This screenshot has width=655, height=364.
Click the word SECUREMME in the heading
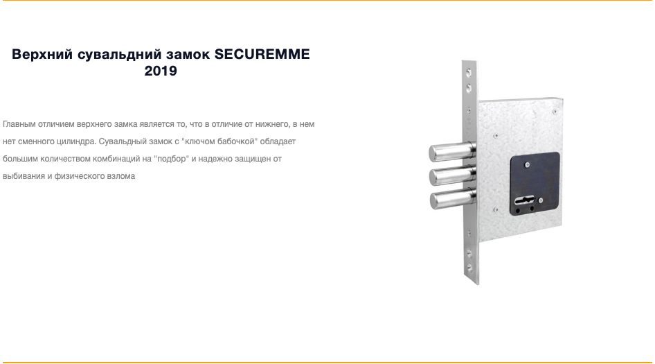(262, 54)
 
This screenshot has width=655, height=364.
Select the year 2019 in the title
(161, 71)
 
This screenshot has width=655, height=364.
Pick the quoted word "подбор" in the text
(171, 159)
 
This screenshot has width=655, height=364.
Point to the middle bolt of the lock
(453, 175)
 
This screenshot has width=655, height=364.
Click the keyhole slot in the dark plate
(525, 200)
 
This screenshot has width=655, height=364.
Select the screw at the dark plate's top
(527, 165)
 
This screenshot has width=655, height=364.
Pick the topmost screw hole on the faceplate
(469, 73)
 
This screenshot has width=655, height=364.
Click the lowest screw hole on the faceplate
(470, 266)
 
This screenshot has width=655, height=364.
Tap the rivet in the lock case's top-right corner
(555, 112)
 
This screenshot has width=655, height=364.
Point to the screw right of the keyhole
(541, 200)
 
